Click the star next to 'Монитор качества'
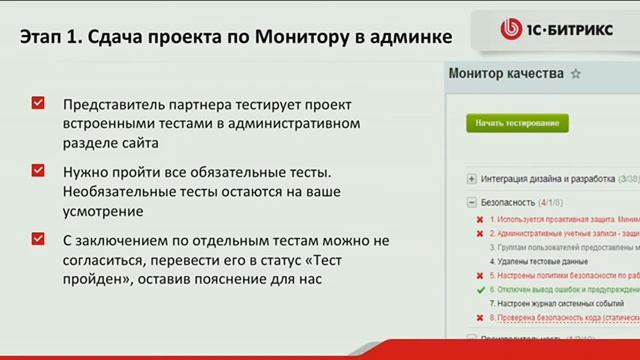tap(575, 74)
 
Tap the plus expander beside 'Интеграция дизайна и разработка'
tap(471, 179)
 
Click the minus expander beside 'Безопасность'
tap(471, 201)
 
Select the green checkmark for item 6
tap(480, 287)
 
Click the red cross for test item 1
tap(480, 218)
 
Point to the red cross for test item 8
tap(480, 315)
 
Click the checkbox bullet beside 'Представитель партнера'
tap(38, 103)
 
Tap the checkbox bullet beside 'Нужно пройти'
tap(38, 171)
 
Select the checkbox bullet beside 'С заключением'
tap(38, 239)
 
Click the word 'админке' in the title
tap(404, 38)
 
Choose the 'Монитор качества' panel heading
tap(506, 74)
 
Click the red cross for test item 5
tap(480, 273)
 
